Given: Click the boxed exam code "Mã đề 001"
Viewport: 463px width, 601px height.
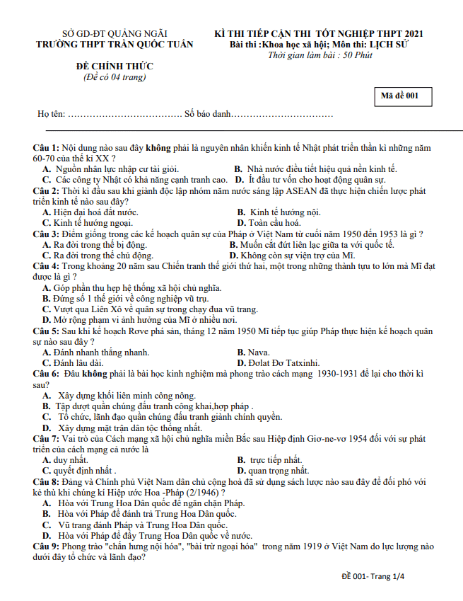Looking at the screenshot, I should coord(402,96).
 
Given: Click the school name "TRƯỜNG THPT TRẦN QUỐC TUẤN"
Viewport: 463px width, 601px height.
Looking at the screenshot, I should coord(115,44).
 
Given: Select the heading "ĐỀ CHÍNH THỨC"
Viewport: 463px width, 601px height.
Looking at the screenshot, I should coord(115,67).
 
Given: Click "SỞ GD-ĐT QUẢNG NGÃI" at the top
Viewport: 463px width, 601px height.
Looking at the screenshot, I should coord(115,33).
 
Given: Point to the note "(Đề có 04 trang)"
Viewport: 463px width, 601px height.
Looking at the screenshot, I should coord(115,76).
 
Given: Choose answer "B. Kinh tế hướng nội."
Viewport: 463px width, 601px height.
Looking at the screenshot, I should coord(279,212).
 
